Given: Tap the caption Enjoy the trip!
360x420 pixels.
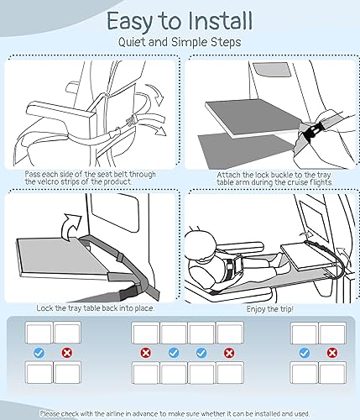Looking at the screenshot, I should click(x=263, y=310).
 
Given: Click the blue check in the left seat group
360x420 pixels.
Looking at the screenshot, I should click(x=39, y=353).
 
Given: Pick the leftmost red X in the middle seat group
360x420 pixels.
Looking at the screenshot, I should click(x=146, y=353).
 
